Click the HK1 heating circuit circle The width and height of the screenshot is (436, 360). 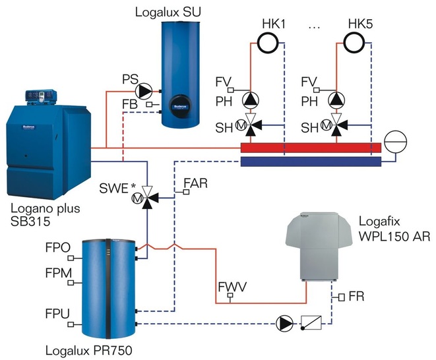[269, 42]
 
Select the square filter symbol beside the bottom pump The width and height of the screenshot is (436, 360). [308, 323]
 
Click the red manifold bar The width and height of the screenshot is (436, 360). [310, 146]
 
